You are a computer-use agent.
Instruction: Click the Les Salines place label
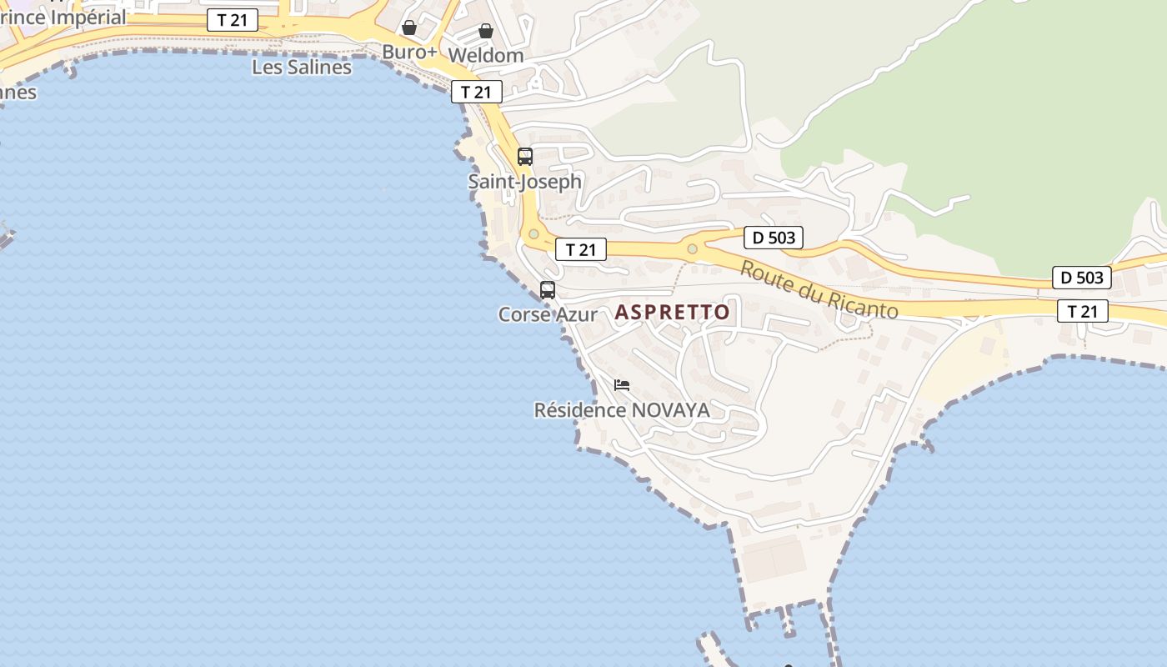pyautogui.click(x=302, y=68)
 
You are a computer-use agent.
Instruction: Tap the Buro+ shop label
pyautogui.click(x=409, y=52)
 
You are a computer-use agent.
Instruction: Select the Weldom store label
pyautogui.click(x=486, y=56)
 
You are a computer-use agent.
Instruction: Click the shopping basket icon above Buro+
pyautogui.click(x=409, y=28)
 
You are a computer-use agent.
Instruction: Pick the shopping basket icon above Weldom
pyautogui.click(x=486, y=32)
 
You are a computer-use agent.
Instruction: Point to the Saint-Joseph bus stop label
pyautogui.click(x=524, y=181)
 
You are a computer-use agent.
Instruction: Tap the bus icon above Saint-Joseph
pyautogui.click(x=525, y=156)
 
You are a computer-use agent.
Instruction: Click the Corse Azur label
pyautogui.click(x=548, y=314)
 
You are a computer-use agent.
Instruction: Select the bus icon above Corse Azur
pyautogui.click(x=548, y=290)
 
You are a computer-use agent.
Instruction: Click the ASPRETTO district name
pyautogui.click(x=672, y=313)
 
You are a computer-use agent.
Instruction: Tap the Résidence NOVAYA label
pyautogui.click(x=622, y=410)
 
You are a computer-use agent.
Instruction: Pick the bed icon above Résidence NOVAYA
pyautogui.click(x=622, y=385)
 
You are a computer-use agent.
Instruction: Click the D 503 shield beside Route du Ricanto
pyautogui.click(x=773, y=238)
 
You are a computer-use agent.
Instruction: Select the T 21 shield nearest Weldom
pyautogui.click(x=477, y=92)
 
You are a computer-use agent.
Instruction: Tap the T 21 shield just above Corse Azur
pyautogui.click(x=580, y=249)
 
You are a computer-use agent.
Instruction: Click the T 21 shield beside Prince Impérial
pyautogui.click(x=233, y=21)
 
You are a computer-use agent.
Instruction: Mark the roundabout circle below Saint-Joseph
pyautogui.click(x=533, y=234)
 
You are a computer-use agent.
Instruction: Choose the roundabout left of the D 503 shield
pyautogui.click(x=692, y=248)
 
